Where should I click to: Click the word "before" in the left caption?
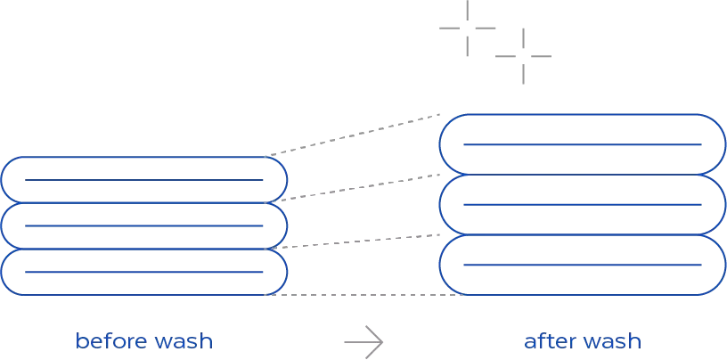[110, 341]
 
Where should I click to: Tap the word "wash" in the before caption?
[184, 341]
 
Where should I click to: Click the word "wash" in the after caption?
[612, 341]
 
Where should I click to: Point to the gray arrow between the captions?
[363, 342]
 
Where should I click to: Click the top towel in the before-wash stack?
[143, 157]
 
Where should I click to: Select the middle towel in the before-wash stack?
[143, 203]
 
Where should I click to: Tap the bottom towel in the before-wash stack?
[143, 294]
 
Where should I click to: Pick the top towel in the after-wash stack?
[583, 115]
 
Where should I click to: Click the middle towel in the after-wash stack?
[583, 175]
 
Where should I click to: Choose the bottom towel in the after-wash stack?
[583, 294]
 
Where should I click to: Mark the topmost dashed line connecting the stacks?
[352, 135]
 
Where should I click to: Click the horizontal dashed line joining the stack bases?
[364, 295]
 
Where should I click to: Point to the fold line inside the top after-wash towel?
[583, 144]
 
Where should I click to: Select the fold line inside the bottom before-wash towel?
[143, 272]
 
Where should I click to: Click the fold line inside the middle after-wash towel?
[583, 205]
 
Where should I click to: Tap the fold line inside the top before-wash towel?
[143, 180]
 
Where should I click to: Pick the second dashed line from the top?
[352, 188]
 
